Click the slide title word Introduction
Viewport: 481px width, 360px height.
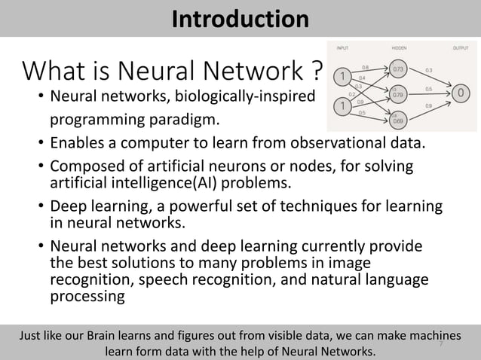[x=240, y=18]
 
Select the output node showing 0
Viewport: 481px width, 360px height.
[x=461, y=94]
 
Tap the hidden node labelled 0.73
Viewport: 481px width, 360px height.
[x=399, y=70]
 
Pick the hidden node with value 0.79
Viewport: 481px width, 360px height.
[x=399, y=95]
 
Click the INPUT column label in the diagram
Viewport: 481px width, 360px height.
[x=342, y=47]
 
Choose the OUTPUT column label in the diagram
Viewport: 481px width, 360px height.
[x=460, y=47]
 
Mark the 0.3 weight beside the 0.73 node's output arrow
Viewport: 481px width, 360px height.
[x=429, y=70]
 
